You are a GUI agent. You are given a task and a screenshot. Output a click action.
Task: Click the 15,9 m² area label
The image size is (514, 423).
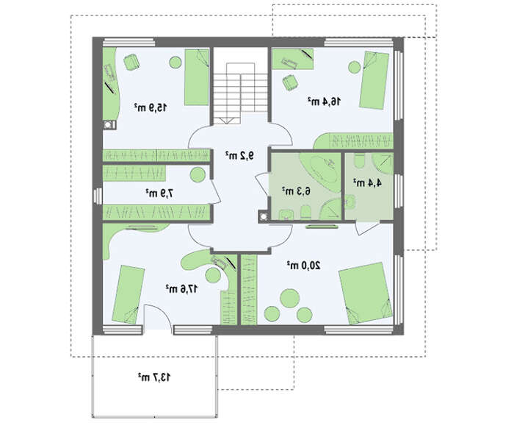[x=151, y=107]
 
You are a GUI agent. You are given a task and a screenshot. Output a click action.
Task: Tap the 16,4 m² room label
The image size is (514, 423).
[x=325, y=102]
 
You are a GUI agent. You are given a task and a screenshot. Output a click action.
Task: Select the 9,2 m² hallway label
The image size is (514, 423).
[x=239, y=155]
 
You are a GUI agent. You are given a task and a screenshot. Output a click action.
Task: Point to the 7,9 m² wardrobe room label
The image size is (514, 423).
[x=159, y=193]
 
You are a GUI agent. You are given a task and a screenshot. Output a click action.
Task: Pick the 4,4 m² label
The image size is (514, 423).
[x=367, y=182]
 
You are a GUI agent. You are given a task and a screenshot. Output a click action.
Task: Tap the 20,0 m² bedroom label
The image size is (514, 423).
[x=304, y=265]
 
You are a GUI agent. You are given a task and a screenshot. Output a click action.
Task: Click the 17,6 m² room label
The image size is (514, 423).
[x=181, y=288]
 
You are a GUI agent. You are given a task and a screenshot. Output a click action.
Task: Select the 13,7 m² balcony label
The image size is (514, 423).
[x=154, y=377]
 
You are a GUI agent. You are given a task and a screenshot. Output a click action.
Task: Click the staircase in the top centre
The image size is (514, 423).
[x=241, y=93]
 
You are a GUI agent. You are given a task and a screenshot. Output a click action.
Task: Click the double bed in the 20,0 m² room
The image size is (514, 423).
[x=366, y=294]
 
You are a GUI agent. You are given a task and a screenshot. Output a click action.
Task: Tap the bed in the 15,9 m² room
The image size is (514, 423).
[x=196, y=77]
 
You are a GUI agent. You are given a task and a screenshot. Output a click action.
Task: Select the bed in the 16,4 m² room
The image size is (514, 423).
[x=374, y=79]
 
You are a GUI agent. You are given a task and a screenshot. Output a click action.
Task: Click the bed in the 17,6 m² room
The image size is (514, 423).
[x=128, y=294]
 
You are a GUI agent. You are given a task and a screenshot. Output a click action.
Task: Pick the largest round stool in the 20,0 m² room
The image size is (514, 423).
[x=290, y=298]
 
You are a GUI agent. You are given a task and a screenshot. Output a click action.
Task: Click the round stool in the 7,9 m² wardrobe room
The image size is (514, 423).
[x=198, y=175]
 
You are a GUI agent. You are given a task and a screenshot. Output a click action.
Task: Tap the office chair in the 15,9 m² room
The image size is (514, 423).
[x=131, y=62]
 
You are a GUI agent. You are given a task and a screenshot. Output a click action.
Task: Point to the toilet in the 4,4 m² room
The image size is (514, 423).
[x=360, y=160]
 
